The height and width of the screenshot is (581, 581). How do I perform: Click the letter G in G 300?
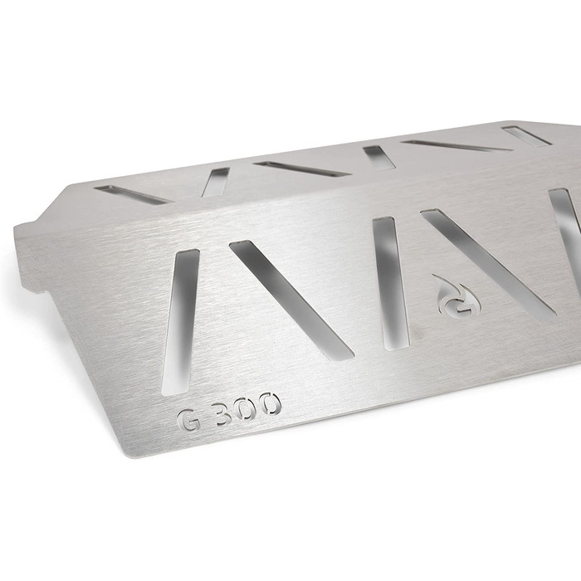click(x=189, y=420)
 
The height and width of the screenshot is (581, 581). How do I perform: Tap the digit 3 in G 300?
click(x=223, y=413)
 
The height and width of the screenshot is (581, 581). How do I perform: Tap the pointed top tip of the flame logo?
click(x=432, y=275)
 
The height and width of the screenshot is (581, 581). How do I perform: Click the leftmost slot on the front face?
click(x=181, y=321)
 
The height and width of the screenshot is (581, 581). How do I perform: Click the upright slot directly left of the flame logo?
click(x=391, y=284)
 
